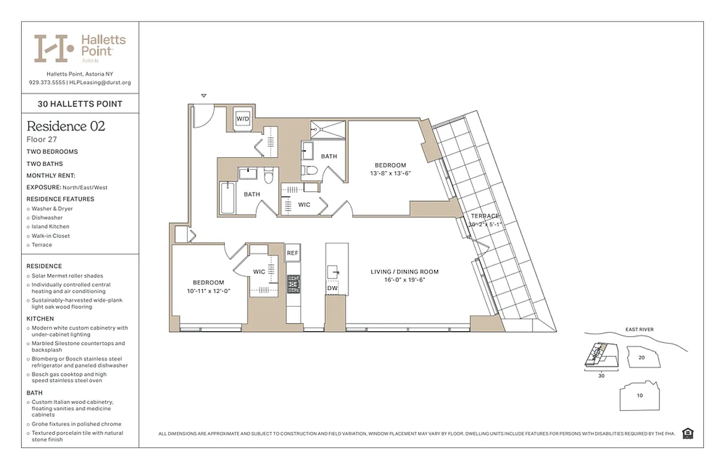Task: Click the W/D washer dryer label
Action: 242,118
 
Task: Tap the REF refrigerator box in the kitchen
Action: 292,253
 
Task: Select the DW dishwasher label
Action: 332,288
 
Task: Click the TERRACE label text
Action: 485,216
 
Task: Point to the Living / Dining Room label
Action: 404,271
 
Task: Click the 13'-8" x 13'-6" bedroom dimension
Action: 390,173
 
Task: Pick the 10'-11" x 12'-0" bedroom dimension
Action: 208,291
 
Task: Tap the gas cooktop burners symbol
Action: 293,284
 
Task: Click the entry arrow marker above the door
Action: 204,96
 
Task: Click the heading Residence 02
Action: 66,126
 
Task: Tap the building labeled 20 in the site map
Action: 642,356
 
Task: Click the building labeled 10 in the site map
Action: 639,395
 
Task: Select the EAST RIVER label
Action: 639,329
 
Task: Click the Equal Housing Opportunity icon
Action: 688,433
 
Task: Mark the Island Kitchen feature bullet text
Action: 50,226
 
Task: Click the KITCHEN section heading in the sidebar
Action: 40,319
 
